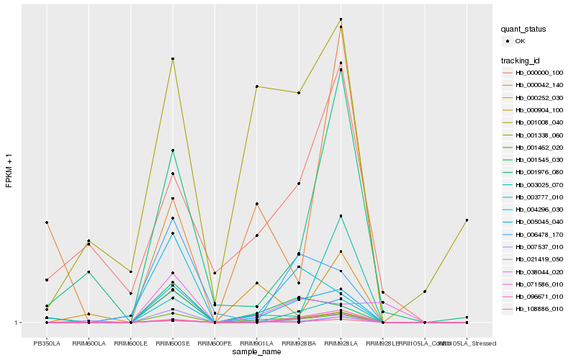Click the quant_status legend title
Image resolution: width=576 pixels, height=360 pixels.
click(523, 29)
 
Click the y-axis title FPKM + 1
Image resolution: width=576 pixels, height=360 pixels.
click(9, 171)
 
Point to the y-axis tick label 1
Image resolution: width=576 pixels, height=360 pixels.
click(18, 323)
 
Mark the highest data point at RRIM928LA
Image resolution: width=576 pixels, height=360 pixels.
click(341, 19)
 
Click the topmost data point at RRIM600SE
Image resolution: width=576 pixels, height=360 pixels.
click(173, 58)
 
